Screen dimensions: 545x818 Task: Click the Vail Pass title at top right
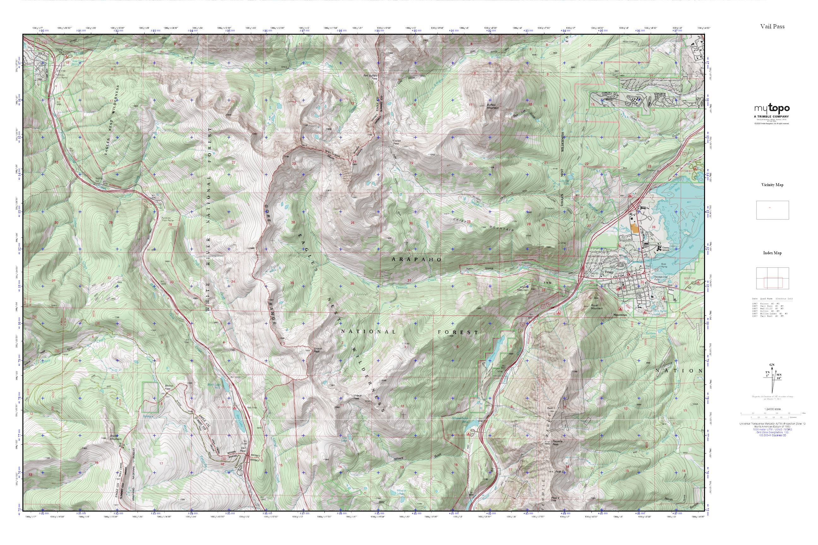tap(772, 26)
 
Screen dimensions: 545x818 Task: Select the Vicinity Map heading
tap(772, 185)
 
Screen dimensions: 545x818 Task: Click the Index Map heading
tap(772, 253)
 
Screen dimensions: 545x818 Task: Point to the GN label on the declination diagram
tap(772, 365)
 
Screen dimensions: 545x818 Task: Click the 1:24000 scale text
tap(773, 409)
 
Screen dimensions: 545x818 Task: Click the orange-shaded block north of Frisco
tap(635, 228)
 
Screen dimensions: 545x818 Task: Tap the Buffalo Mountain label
tap(492, 106)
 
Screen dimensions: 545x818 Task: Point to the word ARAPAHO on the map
tap(417, 260)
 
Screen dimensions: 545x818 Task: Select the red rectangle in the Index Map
tap(773, 282)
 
